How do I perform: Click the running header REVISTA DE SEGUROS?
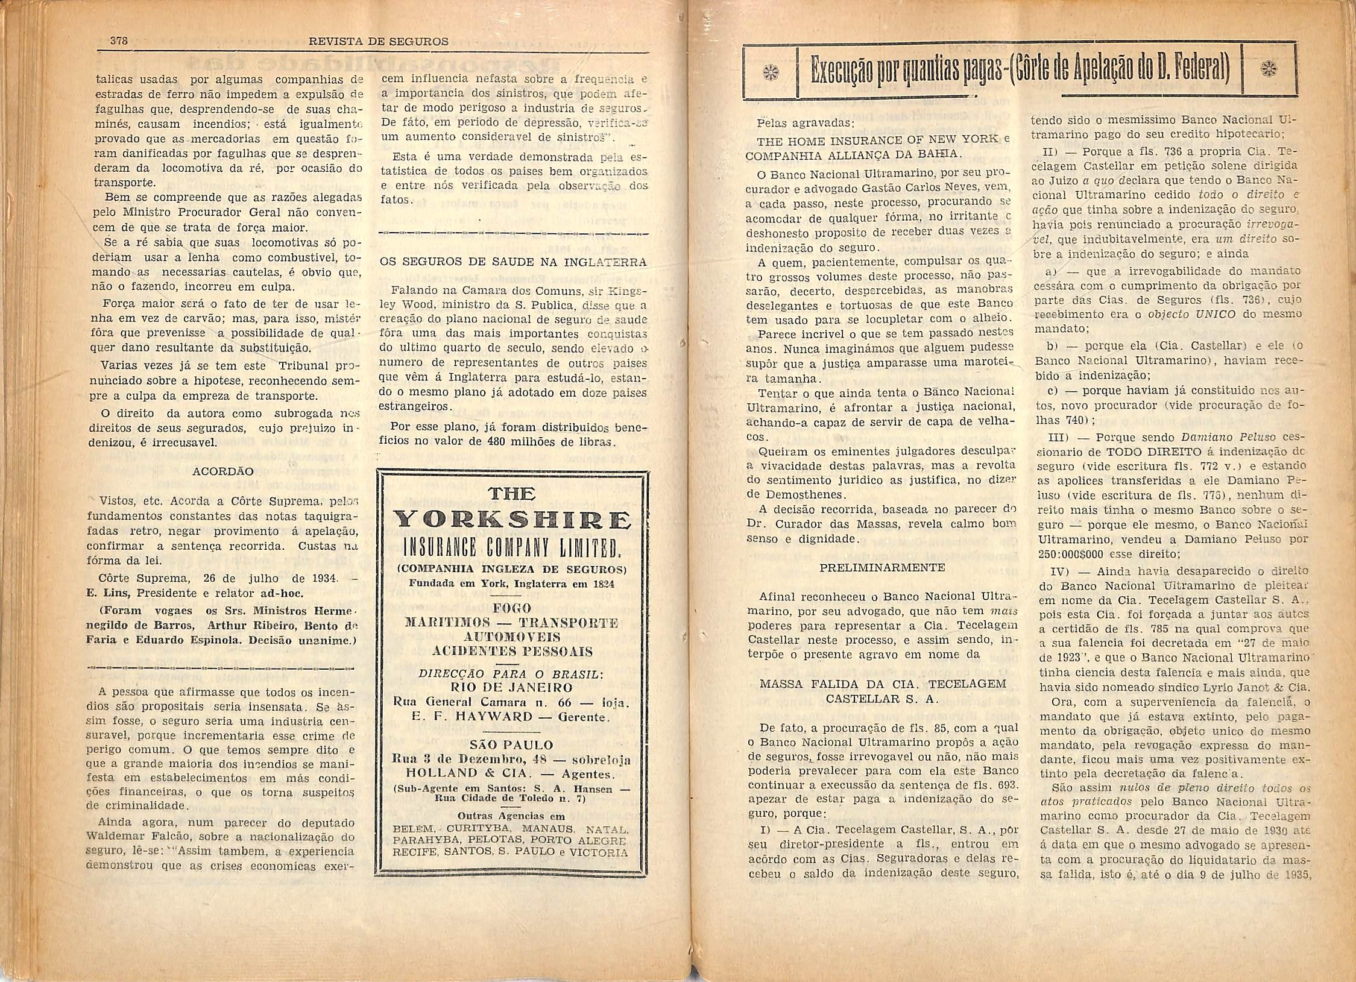point(378,42)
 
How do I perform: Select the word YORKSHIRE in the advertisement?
point(512,520)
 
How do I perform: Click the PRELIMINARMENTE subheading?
point(882,567)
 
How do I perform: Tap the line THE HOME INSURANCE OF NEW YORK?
point(878,139)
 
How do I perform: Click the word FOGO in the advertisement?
point(512,608)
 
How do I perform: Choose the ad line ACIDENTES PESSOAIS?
point(512,651)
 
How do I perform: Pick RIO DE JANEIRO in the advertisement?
point(512,687)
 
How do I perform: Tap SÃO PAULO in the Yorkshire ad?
point(512,744)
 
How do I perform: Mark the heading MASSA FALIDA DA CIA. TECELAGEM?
point(883,684)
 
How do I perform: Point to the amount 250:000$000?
point(1067,553)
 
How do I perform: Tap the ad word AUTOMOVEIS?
point(512,637)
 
